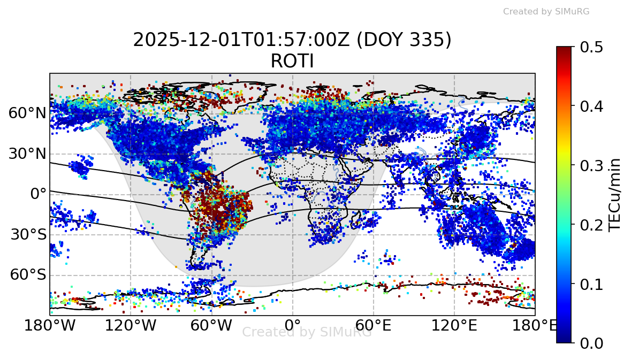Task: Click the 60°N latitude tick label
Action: point(27,113)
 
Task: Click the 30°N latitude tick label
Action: point(27,154)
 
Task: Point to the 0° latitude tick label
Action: point(38,194)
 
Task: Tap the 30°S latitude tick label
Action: point(27,234)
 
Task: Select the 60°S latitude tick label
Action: point(27,275)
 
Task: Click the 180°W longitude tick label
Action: point(50,325)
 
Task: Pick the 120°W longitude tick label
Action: point(131,325)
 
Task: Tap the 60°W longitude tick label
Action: point(211,325)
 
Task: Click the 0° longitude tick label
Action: point(292,325)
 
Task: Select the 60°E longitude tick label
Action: point(373,325)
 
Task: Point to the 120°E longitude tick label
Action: point(454,325)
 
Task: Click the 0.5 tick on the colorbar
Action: point(591,47)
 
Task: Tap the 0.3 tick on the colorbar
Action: point(591,165)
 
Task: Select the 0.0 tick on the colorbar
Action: point(591,342)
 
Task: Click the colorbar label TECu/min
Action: point(616,194)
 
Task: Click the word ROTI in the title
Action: point(292,62)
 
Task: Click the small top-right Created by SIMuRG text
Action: point(546,11)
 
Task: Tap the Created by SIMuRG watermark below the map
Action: point(307,332)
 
